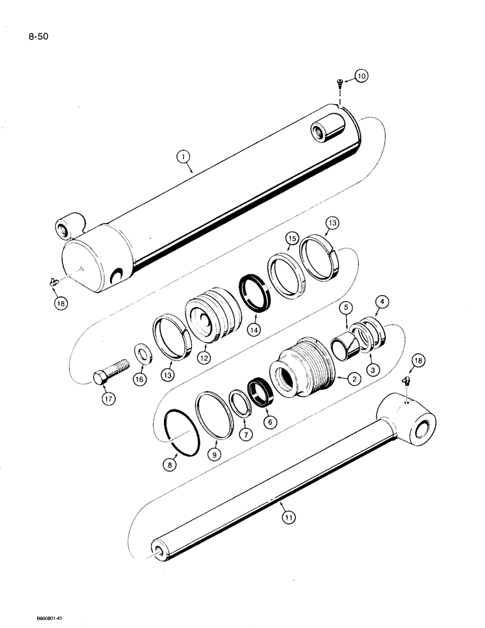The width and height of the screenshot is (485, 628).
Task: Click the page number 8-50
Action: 35,36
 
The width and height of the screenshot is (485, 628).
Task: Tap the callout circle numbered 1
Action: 183,153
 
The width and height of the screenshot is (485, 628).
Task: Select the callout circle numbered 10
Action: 361,76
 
